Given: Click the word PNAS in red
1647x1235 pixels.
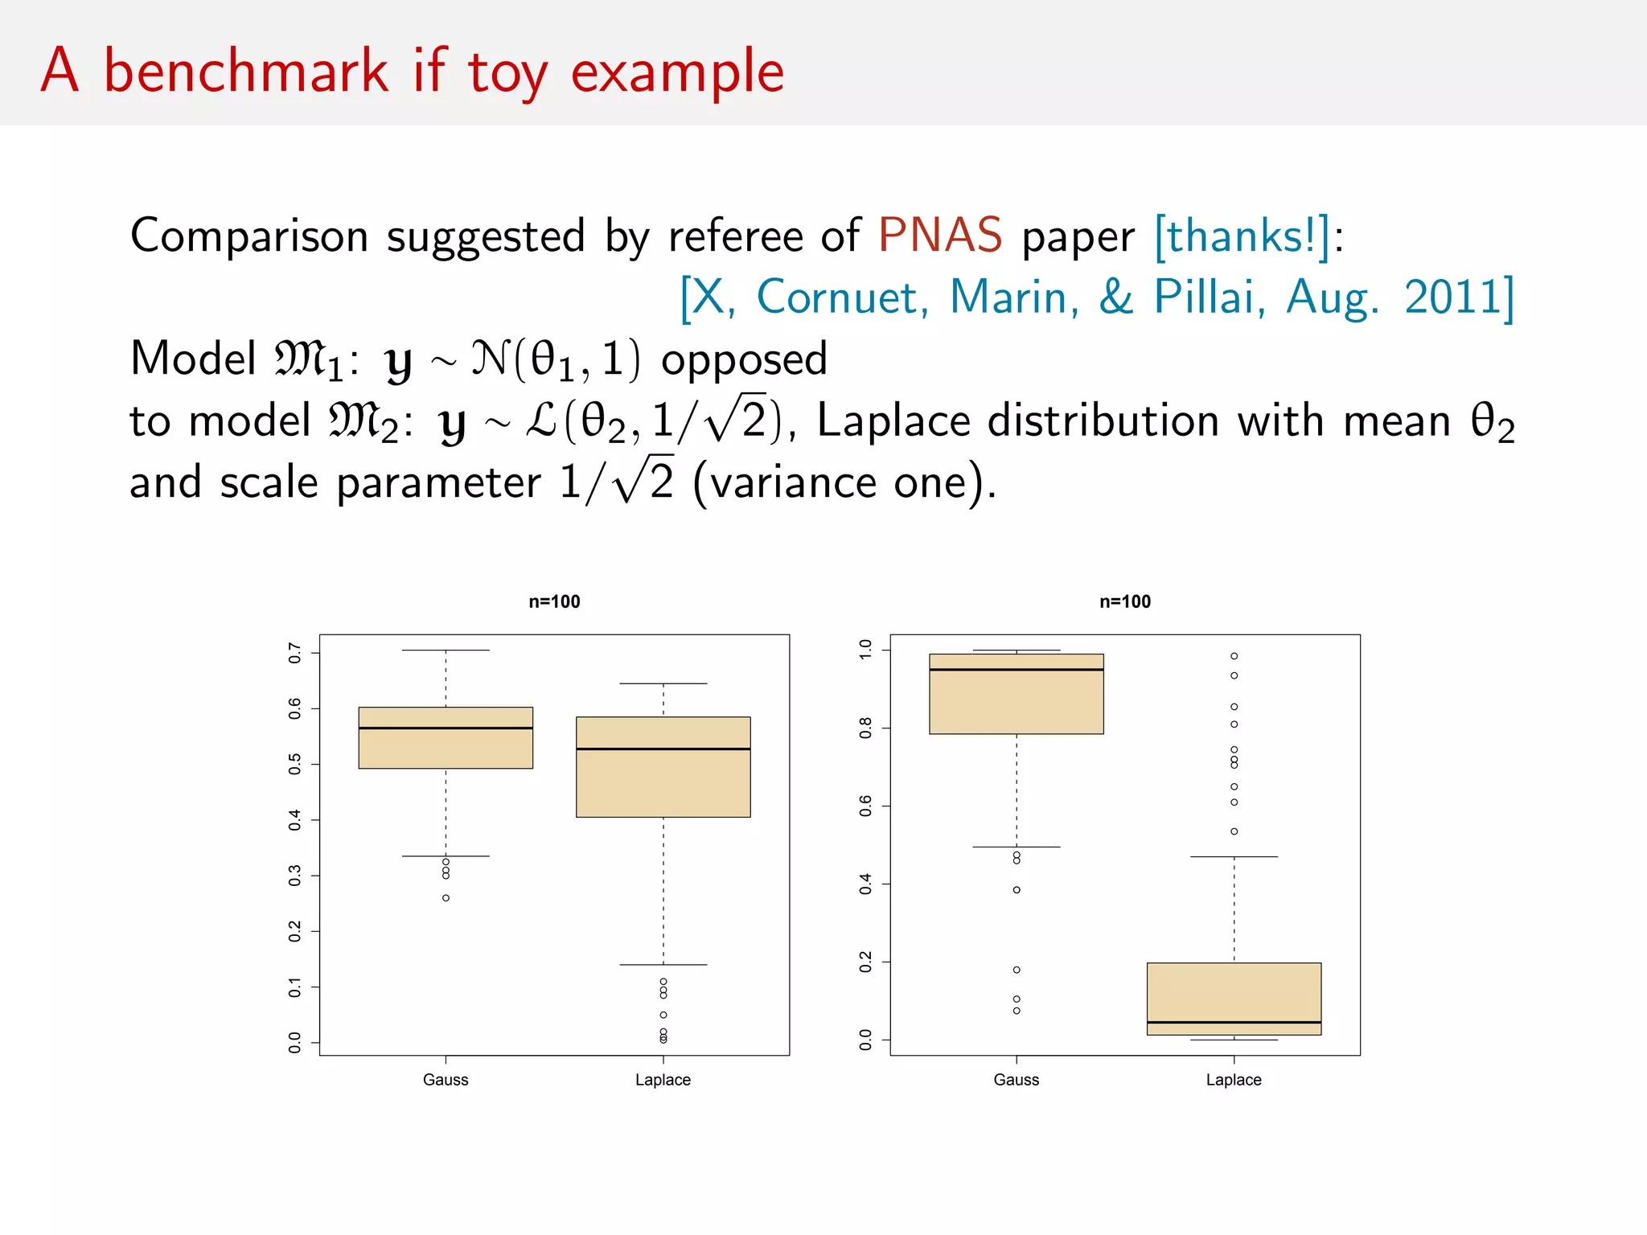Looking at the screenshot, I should click(939, 236).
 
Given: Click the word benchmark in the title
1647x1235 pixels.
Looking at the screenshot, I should click(246, 72).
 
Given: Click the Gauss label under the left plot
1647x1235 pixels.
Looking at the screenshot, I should click(446, 1080).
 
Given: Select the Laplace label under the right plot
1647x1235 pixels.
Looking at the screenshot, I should click(1234, 1080).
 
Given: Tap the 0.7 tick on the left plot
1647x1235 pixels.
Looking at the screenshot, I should click(295, 653).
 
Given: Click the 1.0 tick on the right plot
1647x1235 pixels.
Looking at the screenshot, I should click(866, 650).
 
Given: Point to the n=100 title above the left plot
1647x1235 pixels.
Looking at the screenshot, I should click(554, 601).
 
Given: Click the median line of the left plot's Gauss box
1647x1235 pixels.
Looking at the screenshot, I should click(446, 728).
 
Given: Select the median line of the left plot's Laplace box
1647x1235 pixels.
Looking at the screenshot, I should click(663, 749).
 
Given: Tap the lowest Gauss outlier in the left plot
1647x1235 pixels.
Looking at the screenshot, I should click(446, 898).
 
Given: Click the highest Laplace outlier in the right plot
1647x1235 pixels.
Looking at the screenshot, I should click(1234, 656).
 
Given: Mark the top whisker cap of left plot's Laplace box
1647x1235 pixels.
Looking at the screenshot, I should click(663, 683).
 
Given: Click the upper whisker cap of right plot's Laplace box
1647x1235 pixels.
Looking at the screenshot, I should click(1234, 857).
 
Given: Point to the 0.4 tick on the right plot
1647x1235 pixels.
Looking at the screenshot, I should click(866, 884).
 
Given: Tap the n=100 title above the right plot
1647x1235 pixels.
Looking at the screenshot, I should click(1125, 601).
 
